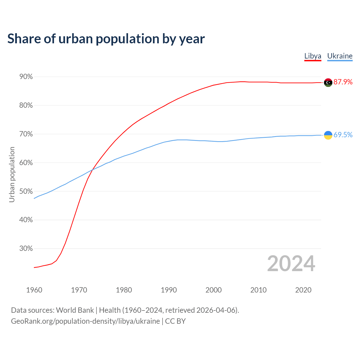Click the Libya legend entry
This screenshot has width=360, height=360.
click(x=313, y=56)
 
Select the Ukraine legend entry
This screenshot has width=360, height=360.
click(x=340, y=56)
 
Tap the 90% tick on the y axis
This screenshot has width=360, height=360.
click(x=26, y=77)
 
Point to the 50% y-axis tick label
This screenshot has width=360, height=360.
click(x=26, y=191)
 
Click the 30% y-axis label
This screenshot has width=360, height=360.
click(x=26, y=249)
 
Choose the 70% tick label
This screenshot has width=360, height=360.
click(x=26, y=134)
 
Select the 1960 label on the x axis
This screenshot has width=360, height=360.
click(x=34, y=290)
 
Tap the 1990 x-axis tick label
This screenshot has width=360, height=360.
click(x=169, y=290)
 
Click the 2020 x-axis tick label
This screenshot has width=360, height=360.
click(x=303, y=290)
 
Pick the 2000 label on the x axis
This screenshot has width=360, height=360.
click(x=213, y=290)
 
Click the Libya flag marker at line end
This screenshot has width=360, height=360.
click(x=328, y=82)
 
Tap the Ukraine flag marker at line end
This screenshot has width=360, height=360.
click(x=328, y=135)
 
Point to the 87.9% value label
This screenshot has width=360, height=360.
click(x=343, y=82)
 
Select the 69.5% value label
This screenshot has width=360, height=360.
click(x=343, y=135)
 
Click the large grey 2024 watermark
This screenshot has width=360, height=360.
click(x=291, y=264)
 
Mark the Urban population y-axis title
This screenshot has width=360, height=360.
click(x=12, y=174)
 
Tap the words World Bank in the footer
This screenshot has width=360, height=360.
click(x=75, y=310)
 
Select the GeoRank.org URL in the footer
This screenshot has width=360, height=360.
click(x=85, y=321)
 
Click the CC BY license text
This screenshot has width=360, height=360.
click(x=175, y=321)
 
